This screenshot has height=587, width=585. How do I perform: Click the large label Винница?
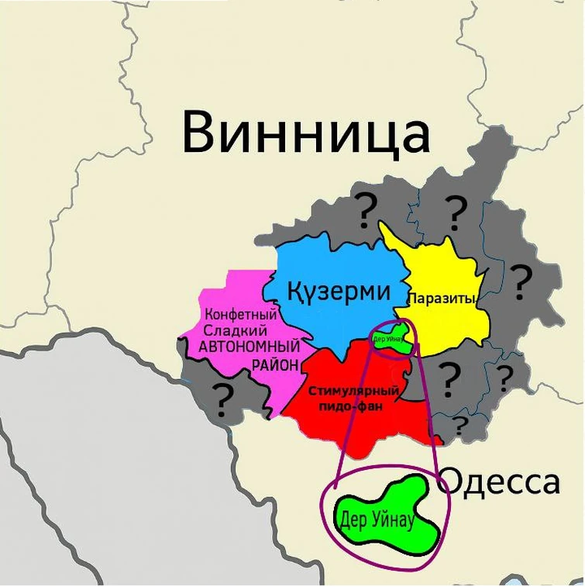pyautogui.click(x=305, y=131)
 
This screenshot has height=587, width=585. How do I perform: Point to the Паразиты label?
pyautogui.click(x=441, y=298)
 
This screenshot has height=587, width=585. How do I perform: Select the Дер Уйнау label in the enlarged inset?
pyautogui.click(x=375, y=520)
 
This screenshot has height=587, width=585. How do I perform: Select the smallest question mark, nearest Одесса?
pyautogui.click(x=460, y=425)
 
